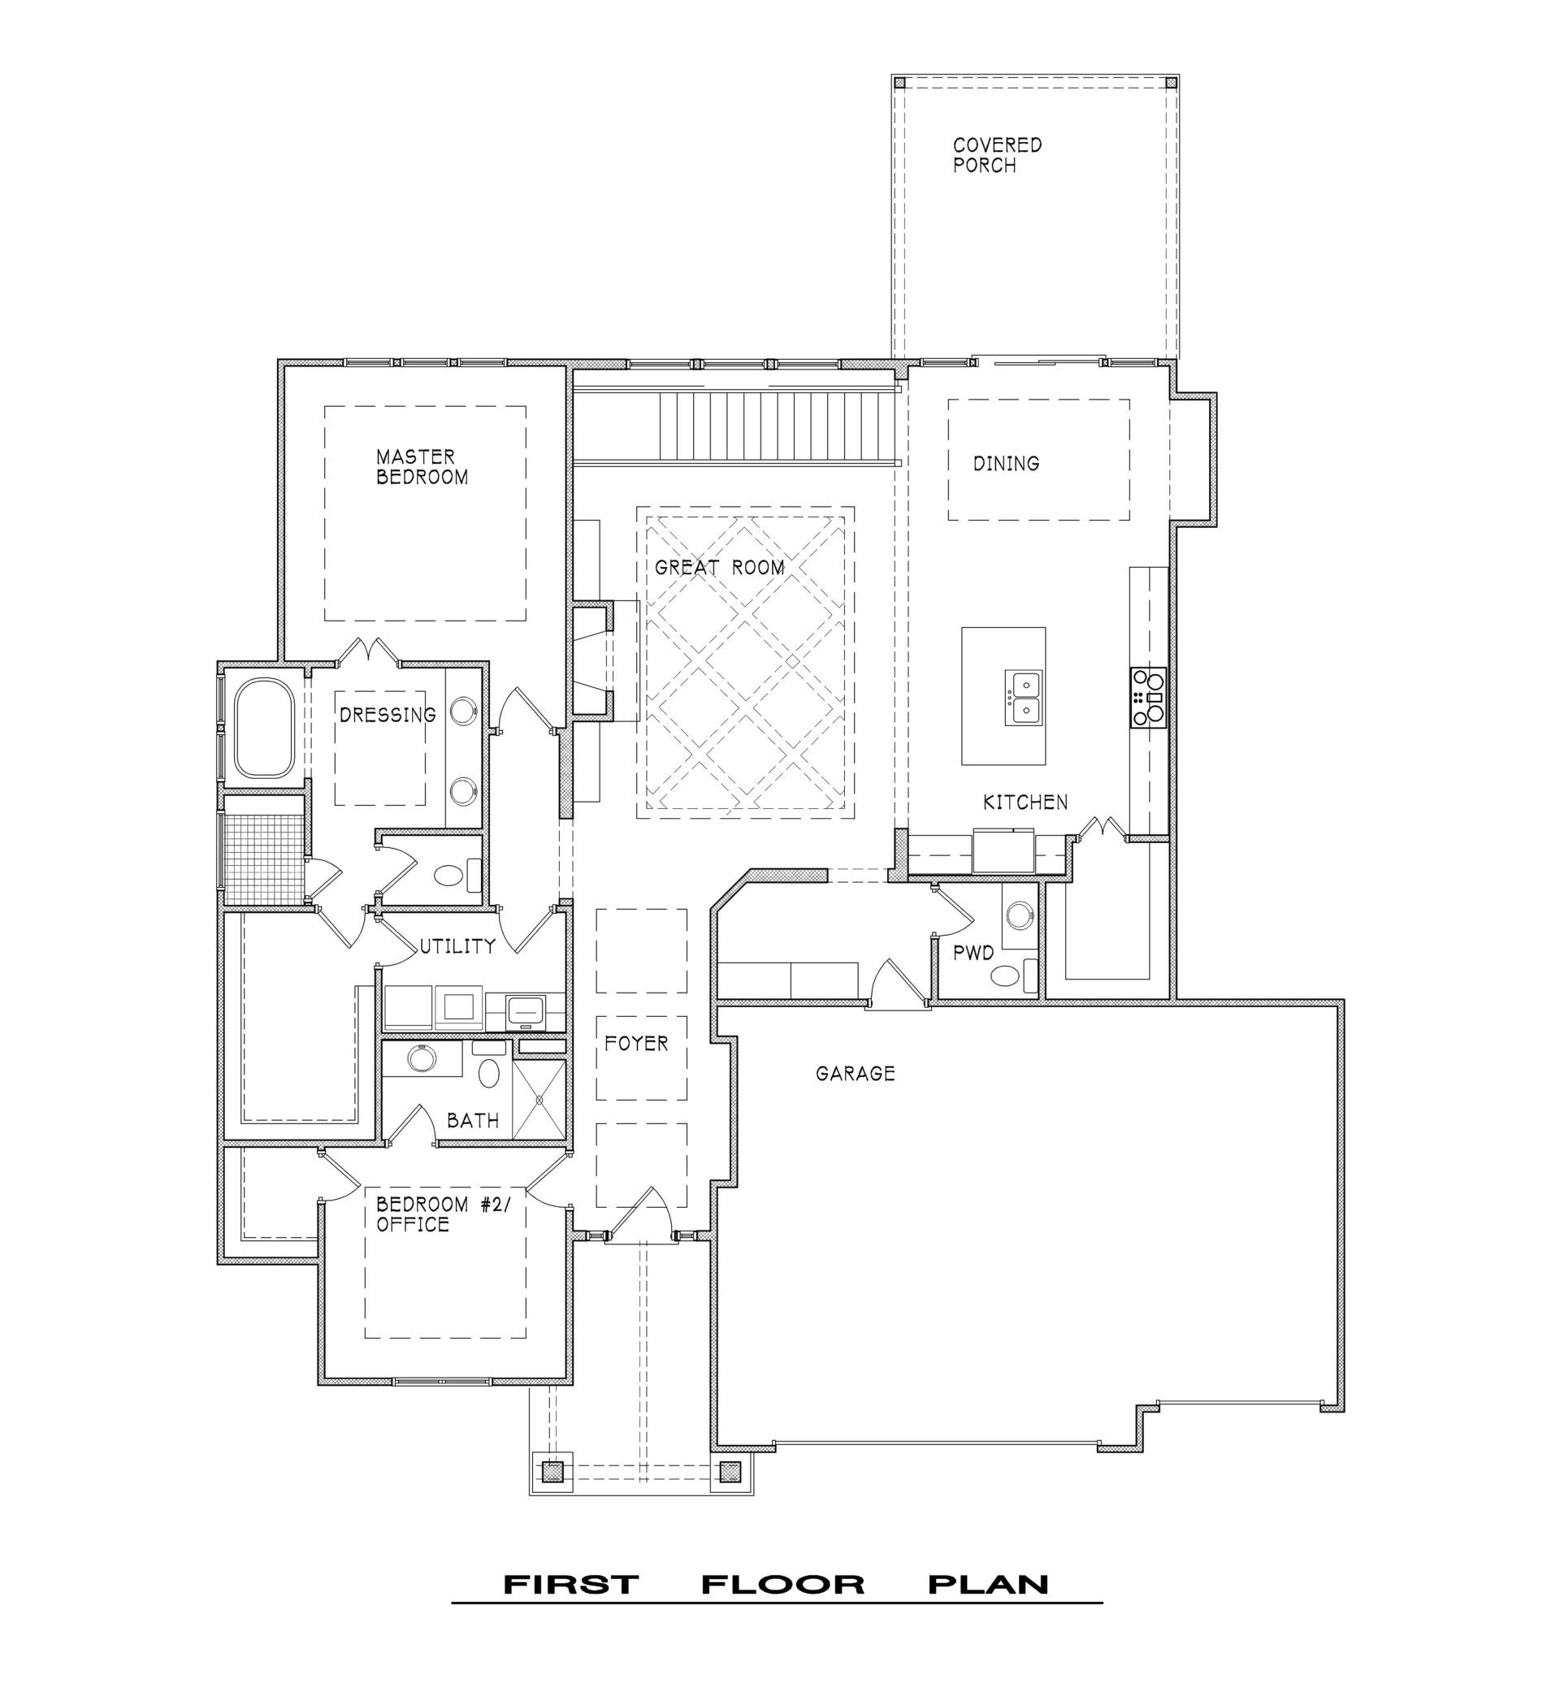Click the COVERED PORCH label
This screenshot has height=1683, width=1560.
click(x=997, y=155)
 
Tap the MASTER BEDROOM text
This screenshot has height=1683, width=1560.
click(x=422, y=467)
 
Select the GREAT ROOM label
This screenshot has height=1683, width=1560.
click(x=719, y=567)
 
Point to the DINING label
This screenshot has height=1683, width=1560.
click(x=1006, y=463)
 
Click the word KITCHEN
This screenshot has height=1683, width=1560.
click(x=1025, y=802)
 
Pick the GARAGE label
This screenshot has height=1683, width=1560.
click(x=855, y=1074)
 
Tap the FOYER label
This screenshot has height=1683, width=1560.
click(x=636, y=1043)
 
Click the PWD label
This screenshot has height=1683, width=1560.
click(x=973, y=954)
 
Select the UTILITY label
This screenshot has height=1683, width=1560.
click(x=457, y=946)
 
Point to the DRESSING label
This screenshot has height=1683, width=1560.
click(x=388, y=715)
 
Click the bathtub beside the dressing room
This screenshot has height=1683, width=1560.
click(x=264, y=728)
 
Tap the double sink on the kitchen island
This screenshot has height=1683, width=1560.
click(x=1023, y=697)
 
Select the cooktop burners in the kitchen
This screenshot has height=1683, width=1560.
click(x=1148, y=696)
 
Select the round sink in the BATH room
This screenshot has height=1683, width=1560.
click(x=419, y=1058)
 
